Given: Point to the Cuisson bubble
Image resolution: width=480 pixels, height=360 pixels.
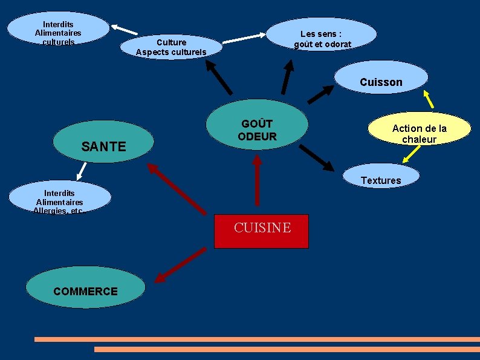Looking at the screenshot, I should [x=381, y=79].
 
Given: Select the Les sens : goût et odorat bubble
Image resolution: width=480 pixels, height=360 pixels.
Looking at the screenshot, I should [x=322, y=36].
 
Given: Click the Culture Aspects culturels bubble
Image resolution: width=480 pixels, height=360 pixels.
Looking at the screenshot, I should [x=171, y=47].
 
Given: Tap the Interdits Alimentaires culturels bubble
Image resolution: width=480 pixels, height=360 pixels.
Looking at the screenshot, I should [x=58, y=30].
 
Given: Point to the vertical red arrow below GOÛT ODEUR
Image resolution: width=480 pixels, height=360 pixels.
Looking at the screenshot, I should [x=257, y=180].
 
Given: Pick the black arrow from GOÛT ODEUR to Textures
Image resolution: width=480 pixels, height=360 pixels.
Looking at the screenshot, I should [x=315, y=157].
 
